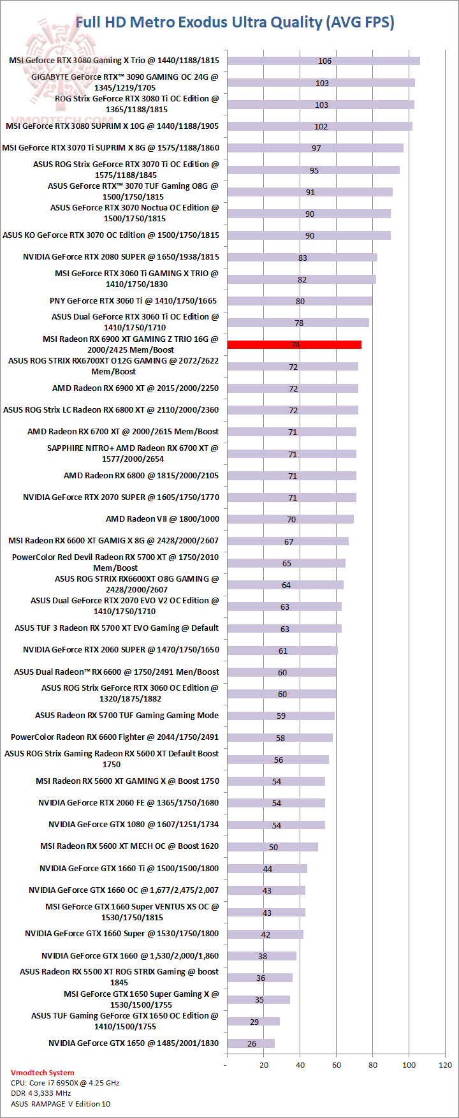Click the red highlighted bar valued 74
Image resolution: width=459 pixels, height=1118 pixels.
point(294,345)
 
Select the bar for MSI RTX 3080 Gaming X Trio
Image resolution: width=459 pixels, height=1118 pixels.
point(323,61)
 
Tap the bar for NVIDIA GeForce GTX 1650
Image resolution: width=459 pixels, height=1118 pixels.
point(251,1043)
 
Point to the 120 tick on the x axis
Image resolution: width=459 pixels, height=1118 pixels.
point(446,1064)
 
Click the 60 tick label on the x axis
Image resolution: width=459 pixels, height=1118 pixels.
point(337,1064)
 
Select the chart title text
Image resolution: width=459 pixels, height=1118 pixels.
point(235,22)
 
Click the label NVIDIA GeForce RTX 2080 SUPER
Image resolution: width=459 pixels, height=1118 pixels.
point(121,257)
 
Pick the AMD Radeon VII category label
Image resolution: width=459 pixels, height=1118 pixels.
point(163,519)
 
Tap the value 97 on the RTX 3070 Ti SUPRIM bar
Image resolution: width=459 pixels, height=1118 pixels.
point(316,149)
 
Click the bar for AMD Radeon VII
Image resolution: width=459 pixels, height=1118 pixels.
point(290,519)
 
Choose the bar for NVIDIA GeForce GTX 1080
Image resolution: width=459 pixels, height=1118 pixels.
point(275,825)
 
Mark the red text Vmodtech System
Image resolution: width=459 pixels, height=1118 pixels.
point(42,1073)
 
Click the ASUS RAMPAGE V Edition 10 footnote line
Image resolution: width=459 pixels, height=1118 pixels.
point(61,1104)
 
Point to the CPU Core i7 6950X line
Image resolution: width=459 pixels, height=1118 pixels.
point(65,1083)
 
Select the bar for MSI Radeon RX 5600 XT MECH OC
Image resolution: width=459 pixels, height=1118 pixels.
point(272,847)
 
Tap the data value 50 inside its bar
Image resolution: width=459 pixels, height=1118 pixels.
point(273,848)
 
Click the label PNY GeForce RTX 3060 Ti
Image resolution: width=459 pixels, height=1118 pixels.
point(133,301)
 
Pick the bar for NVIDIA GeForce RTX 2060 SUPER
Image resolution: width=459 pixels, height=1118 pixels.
point(282,651)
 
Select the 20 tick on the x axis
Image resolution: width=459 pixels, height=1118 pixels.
point(264,1064)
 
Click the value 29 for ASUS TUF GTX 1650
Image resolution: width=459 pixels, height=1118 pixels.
point(254,1022)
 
